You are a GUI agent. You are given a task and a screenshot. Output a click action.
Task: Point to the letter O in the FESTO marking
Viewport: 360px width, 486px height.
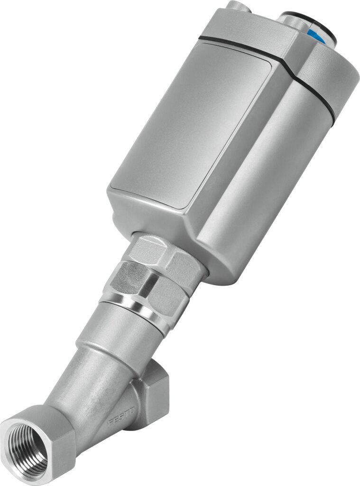(x=132, y=409)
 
